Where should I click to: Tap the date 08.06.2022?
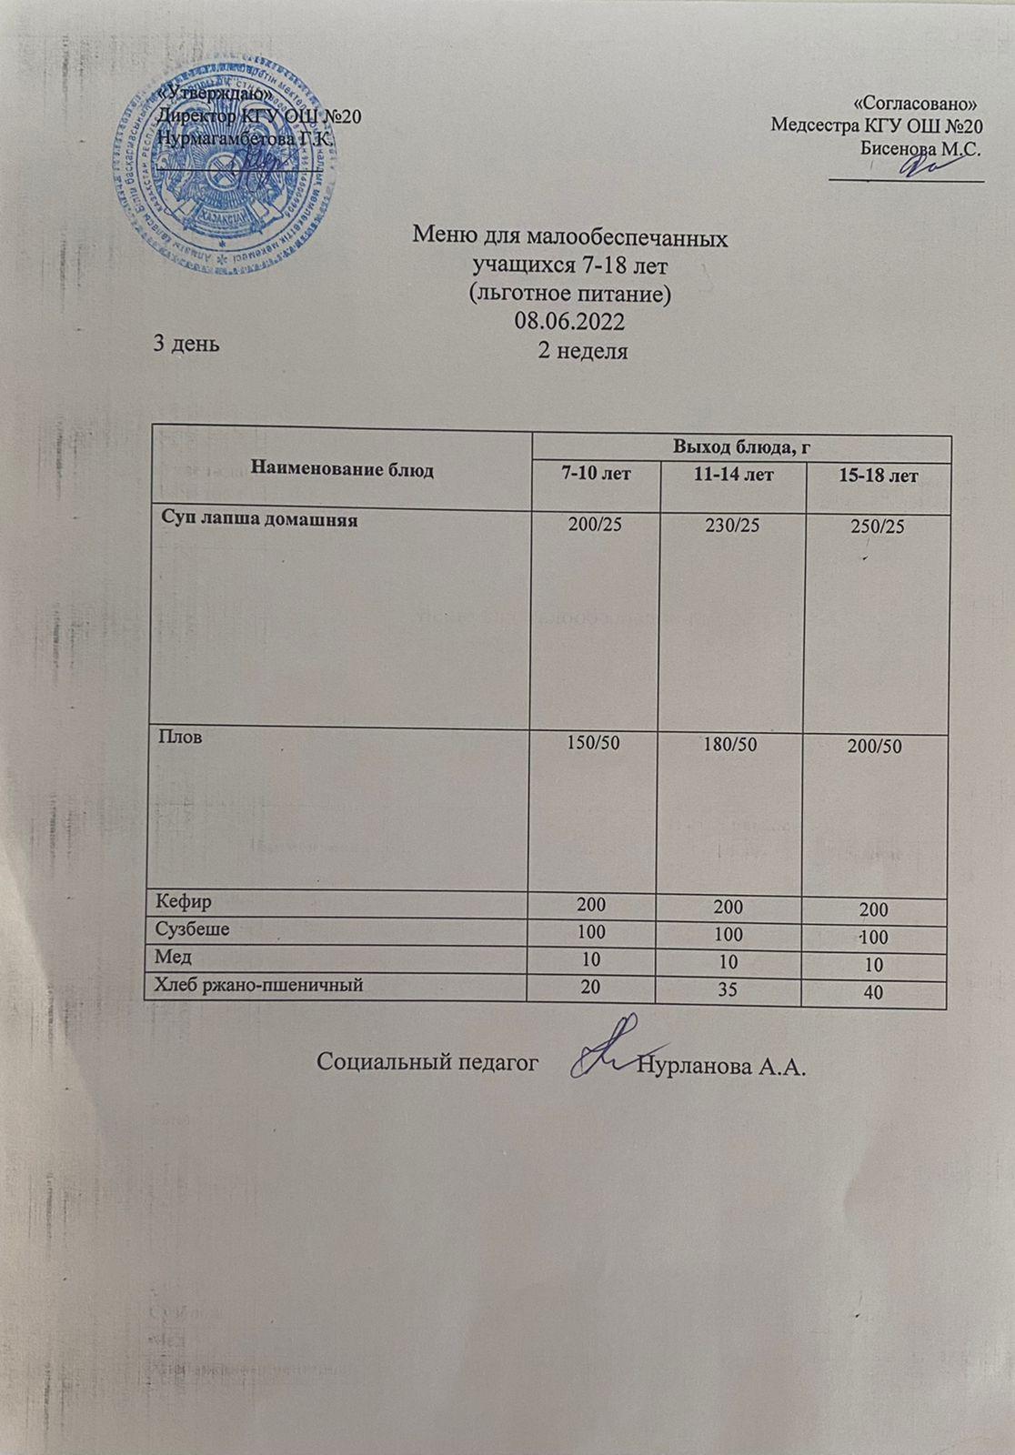pos(570,322)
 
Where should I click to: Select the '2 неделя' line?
pos(583,351)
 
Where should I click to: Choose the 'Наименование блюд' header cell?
pos(342,470)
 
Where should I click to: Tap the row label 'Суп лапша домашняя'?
pos(258,521)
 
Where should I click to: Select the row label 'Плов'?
pos(179,738)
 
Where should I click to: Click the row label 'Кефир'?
pos(185,902)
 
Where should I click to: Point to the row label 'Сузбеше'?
pos(193,929)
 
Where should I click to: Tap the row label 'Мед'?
pos(175,957)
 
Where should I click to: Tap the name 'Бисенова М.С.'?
pos(920,148)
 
